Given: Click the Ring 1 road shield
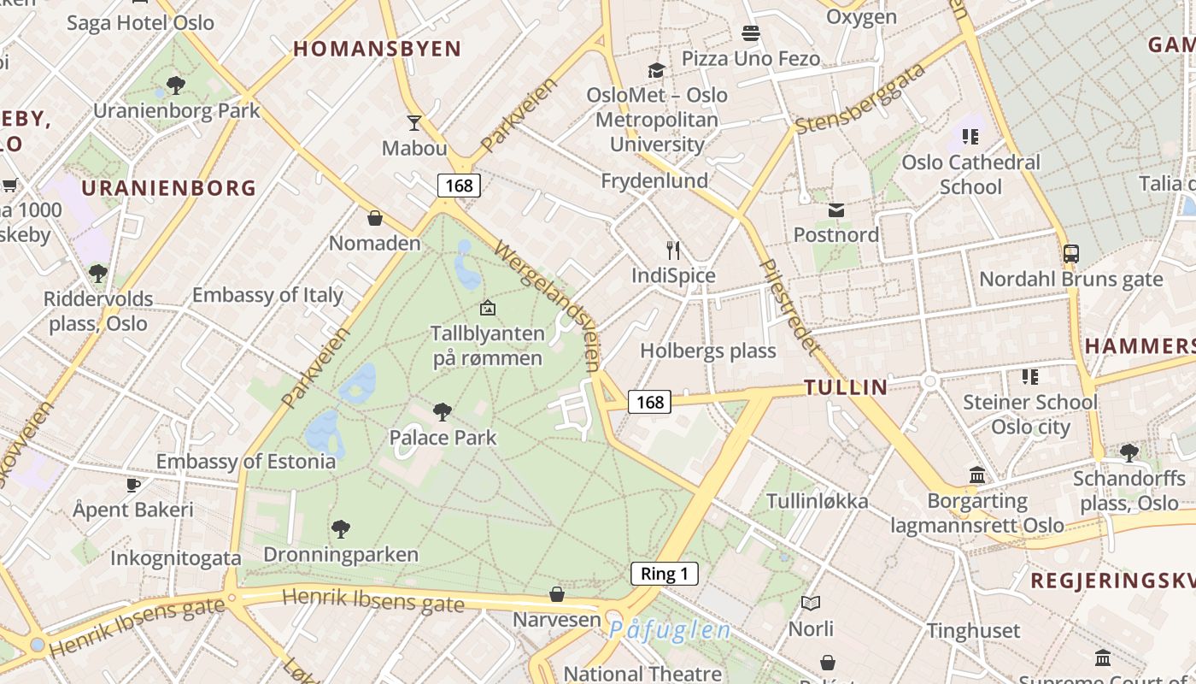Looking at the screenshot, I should pyautogui.click(x=664, y=575).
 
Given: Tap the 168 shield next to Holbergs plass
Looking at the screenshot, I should pyautogui.click(x=649, y=402).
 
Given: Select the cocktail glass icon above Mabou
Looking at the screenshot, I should pyautogui.click(x=414, y=123).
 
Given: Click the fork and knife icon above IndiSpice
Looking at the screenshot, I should pyautogui.click(x=673, y=251).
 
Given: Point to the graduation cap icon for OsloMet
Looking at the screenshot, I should pyautogui.click(x=656, y=70).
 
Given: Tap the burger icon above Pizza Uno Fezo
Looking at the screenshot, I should pyautogui.click(x=751, y=33).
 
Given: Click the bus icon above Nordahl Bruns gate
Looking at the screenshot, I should pyautogui.click(x=1070, y=253).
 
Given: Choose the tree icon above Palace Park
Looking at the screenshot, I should pyautogui.click(x=442, y=412).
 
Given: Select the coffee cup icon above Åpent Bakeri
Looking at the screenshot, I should pyautogui.click(x=132, y=485).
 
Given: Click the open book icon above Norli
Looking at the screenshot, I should pyautogui.click(x=810, y=604).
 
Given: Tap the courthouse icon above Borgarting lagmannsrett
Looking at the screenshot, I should pyautogui.click(x=977, y=475).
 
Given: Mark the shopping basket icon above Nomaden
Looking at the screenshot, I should pyautogui.click(x=374, y=218).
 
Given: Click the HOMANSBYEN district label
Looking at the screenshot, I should pyautogui.click(x=377, y=49).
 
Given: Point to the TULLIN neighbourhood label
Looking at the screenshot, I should pyautogui.click(x=846, y=388).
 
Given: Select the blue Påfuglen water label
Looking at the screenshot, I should pyautogui.click(x=670, y=631).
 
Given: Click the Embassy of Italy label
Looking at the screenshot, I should pyautogui.click(x=267, y=296).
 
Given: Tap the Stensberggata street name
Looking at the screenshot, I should pyautogui.click(x=860, y=98).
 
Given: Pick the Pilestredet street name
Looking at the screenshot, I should pyautogui.click(x=790, y=306).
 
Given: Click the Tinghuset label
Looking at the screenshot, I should pyautogui.click(x=973, y=631).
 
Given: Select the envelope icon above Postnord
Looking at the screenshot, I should pyautogui.click(x=835, y=210).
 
